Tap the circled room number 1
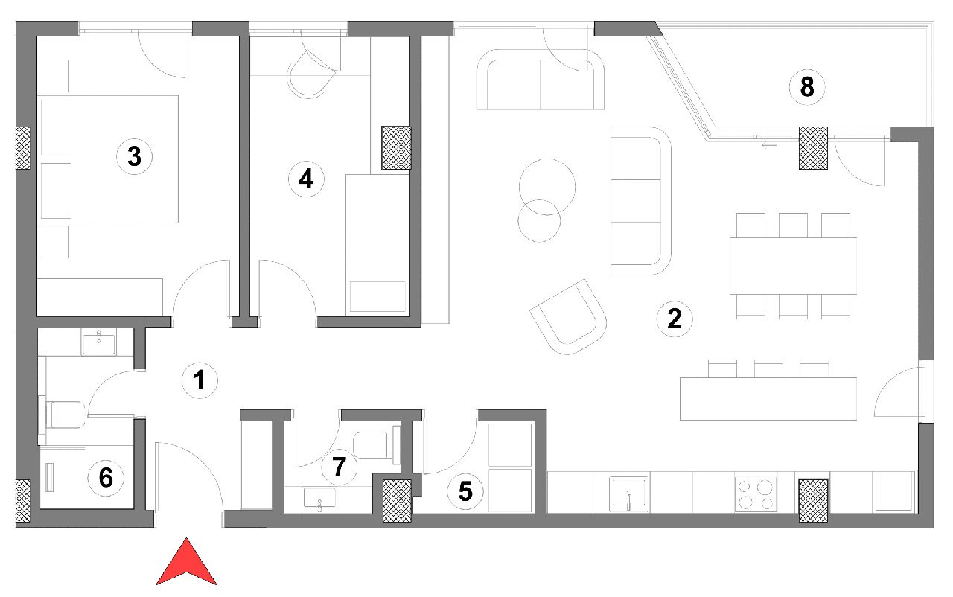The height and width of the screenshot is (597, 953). (x=200, y=380)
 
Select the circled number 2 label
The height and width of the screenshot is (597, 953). (x=675, y=319)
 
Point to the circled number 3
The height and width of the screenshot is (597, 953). (x=135, y=156)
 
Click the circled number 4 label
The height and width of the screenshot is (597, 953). (x=306, y=179)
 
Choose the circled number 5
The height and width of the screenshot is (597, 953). (x=465, y=491)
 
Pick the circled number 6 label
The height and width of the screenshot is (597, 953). (x=106, y=478)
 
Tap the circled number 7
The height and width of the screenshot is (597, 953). (x=339, y=467)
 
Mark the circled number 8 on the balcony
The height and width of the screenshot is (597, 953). (x=807, y=87)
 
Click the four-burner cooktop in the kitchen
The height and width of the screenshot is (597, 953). (x=756, y=495)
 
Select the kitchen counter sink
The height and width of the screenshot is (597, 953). (x=629, y=494)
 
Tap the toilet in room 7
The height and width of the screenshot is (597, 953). (x=377, y=445)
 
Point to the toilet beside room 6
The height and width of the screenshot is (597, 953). (x=63, y=415)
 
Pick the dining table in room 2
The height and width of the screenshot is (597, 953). (x=793, y=266)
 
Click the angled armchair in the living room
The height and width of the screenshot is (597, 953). (x=568, y=317)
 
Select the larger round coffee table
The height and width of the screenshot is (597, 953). (x=547, y=187)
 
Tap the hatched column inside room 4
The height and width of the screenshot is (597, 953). (x=396, y=148)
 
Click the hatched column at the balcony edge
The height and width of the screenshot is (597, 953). (x=813, y=148)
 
